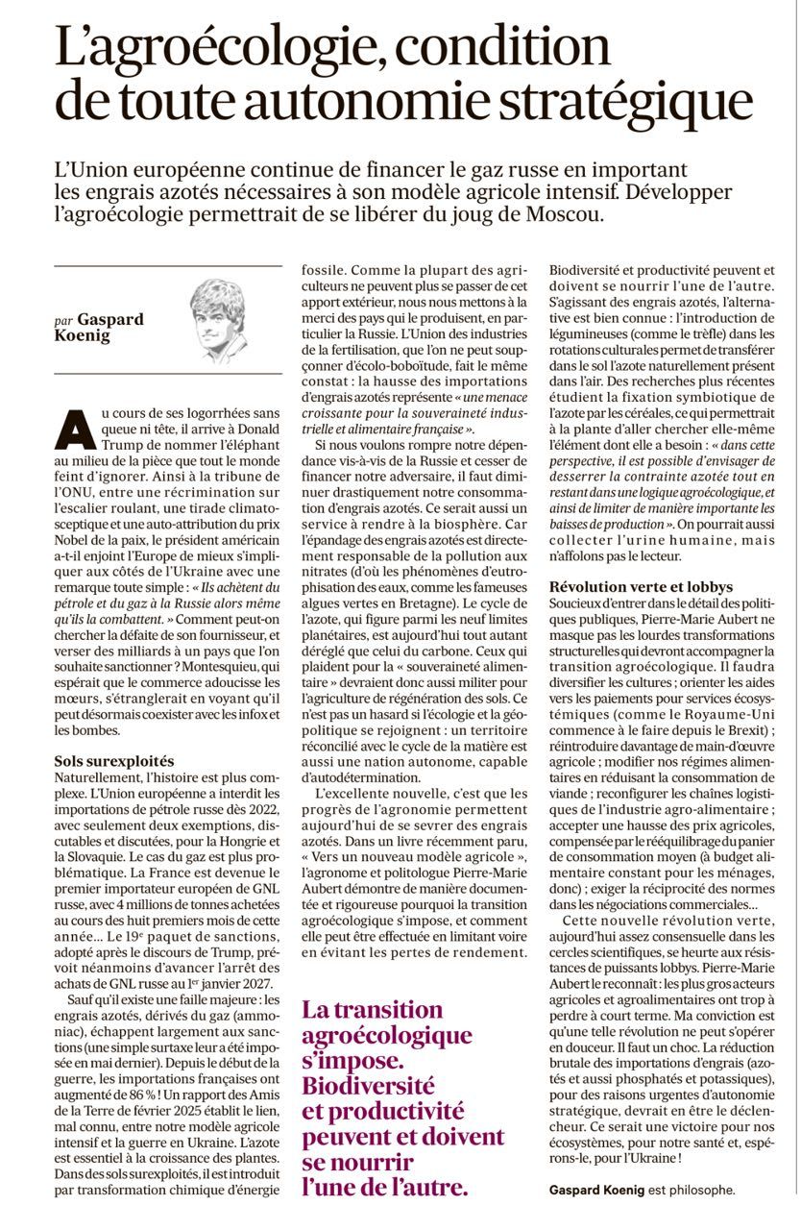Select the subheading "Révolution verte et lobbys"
[641, 586]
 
